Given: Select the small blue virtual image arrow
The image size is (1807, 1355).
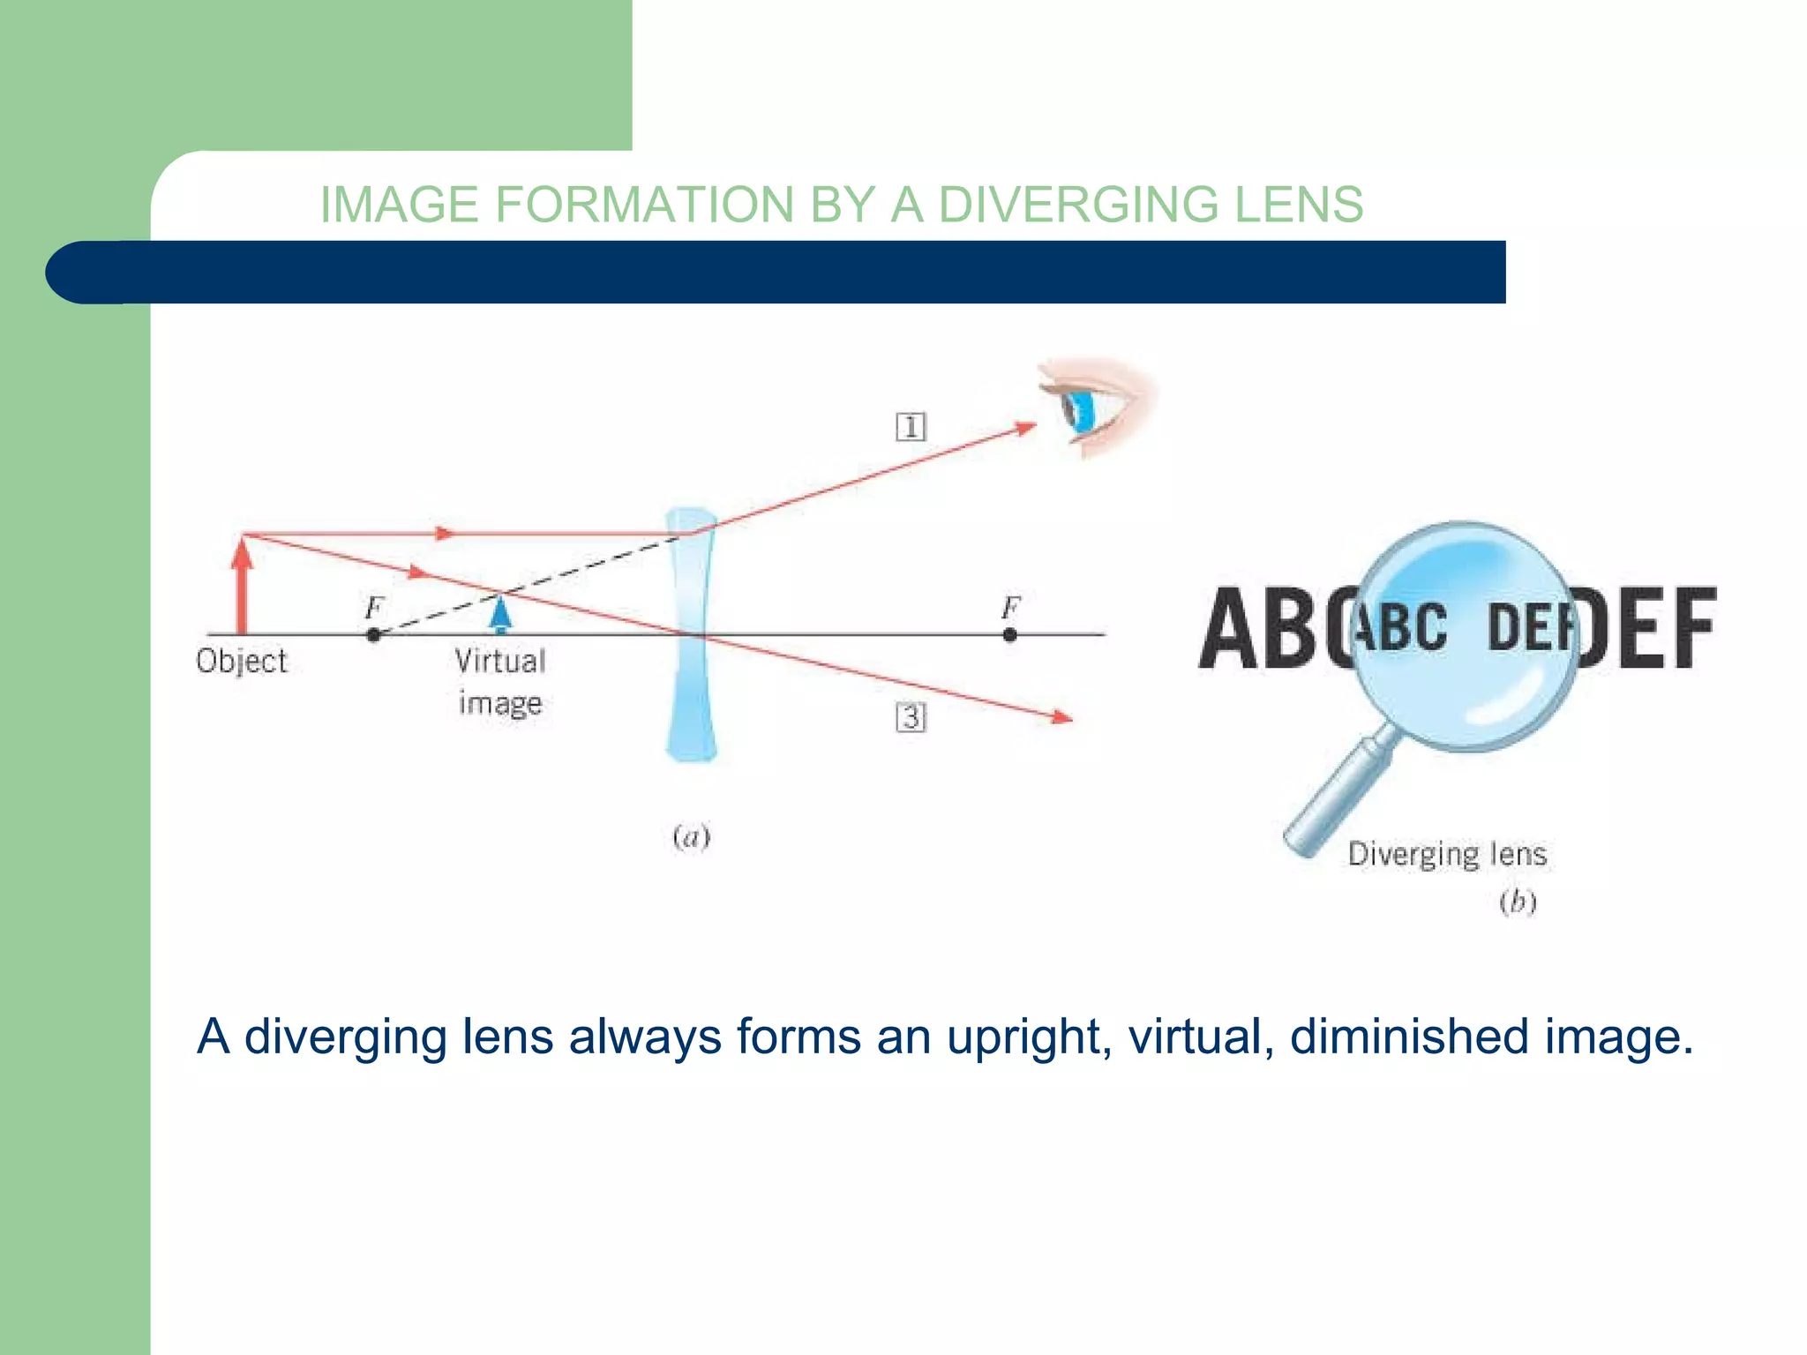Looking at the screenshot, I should (500, 614).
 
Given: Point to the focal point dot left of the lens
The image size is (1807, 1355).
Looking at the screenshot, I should (373, 634).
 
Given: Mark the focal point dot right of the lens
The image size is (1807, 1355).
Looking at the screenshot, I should (1010, 634).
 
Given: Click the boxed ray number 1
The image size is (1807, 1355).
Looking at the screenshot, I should (911, 427).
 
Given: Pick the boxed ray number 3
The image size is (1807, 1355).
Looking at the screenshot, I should (911, 716).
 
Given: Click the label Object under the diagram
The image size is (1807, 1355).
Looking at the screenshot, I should (242, 662).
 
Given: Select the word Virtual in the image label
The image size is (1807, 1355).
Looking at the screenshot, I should (500, 662).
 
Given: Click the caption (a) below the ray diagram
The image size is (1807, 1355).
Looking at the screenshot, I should (691, 836).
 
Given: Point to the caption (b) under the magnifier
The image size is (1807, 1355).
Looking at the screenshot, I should (1518, 902).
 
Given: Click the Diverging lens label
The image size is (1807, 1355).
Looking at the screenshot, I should (1447, 854).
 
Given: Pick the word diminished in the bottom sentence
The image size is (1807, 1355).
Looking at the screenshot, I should (1409, 1037).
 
